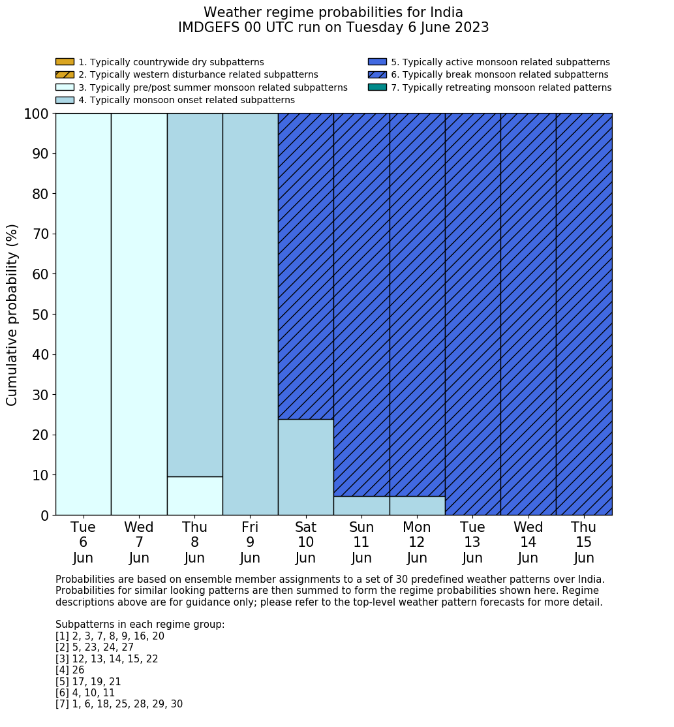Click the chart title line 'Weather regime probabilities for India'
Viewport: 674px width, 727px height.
point(333,12)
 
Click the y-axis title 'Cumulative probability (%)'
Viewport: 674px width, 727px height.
point(12,315)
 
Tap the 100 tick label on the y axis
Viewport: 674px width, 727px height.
point(37,114)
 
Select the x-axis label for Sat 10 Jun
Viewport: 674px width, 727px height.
point(305,542)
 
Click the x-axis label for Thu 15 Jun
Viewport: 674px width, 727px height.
point(583,542)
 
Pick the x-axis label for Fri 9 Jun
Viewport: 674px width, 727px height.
point(250,542)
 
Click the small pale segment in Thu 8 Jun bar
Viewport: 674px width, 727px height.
point(194,496)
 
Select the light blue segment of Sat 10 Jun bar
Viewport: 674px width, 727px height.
point(305,467)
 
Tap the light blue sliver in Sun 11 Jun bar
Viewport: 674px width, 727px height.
point(361,506)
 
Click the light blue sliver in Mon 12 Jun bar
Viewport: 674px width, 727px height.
point(417,506)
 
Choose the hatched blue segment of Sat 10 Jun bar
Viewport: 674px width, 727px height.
point(305,266)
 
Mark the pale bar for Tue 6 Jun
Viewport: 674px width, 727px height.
point(84,315)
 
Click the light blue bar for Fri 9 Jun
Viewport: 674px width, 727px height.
point(250,315)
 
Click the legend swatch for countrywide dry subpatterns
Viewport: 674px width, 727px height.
point(65,62)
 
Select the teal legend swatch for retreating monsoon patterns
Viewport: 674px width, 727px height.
point(377,87)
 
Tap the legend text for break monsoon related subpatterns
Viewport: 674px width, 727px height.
point(499,75)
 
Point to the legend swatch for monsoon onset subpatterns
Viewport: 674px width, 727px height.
point(65,100)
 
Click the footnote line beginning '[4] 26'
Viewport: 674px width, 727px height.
point(70,670)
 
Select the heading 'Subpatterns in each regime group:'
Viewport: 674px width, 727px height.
point(140,625)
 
